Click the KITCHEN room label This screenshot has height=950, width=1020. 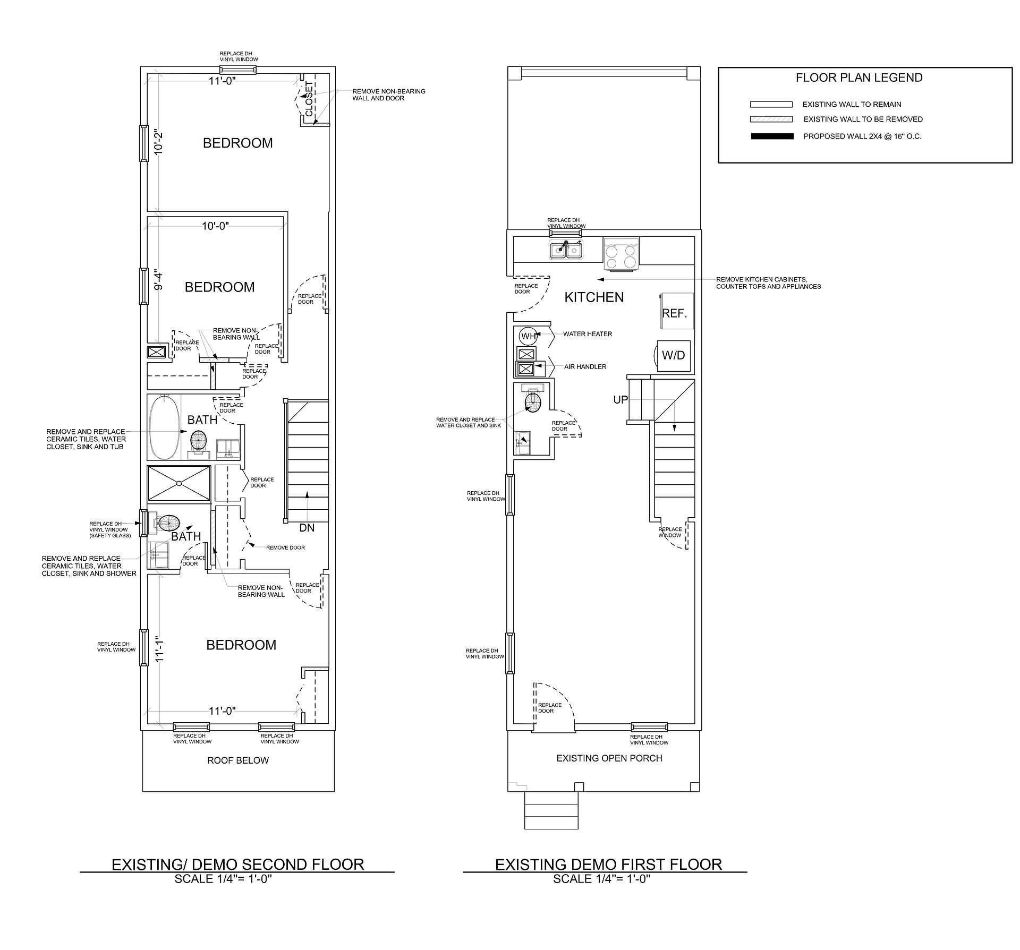(x=594, y=297)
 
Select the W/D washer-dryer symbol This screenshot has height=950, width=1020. (x=673, y=356)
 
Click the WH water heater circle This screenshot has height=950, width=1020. (x=529, y=336)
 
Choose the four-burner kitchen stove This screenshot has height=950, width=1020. (x=621, y=254)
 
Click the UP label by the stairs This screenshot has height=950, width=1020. (x=620, y=400)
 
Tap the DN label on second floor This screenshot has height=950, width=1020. (x=307, y=528)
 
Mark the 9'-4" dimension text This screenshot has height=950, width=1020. (x=158, y=281)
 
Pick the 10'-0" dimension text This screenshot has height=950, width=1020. (x=216, y=226)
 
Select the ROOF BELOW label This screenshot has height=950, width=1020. (x=238, y=760)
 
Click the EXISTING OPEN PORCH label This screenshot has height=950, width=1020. (x=609, y=758)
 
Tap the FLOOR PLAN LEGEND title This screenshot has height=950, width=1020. (x=859, y=78)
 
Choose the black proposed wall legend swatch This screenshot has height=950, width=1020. (x=772, y=136)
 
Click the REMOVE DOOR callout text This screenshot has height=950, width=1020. (x=285, y=547)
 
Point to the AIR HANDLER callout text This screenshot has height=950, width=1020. (x=585, y=367)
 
